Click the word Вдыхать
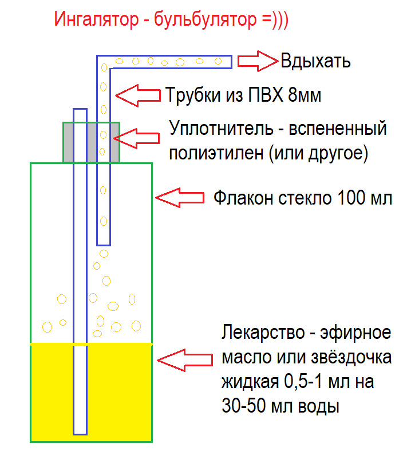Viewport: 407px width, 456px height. pos(315,61)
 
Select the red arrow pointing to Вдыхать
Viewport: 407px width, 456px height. pos(257,61)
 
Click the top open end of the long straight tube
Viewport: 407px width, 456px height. pos(80,110)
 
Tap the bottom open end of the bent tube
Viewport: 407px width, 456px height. pos(103,241)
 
